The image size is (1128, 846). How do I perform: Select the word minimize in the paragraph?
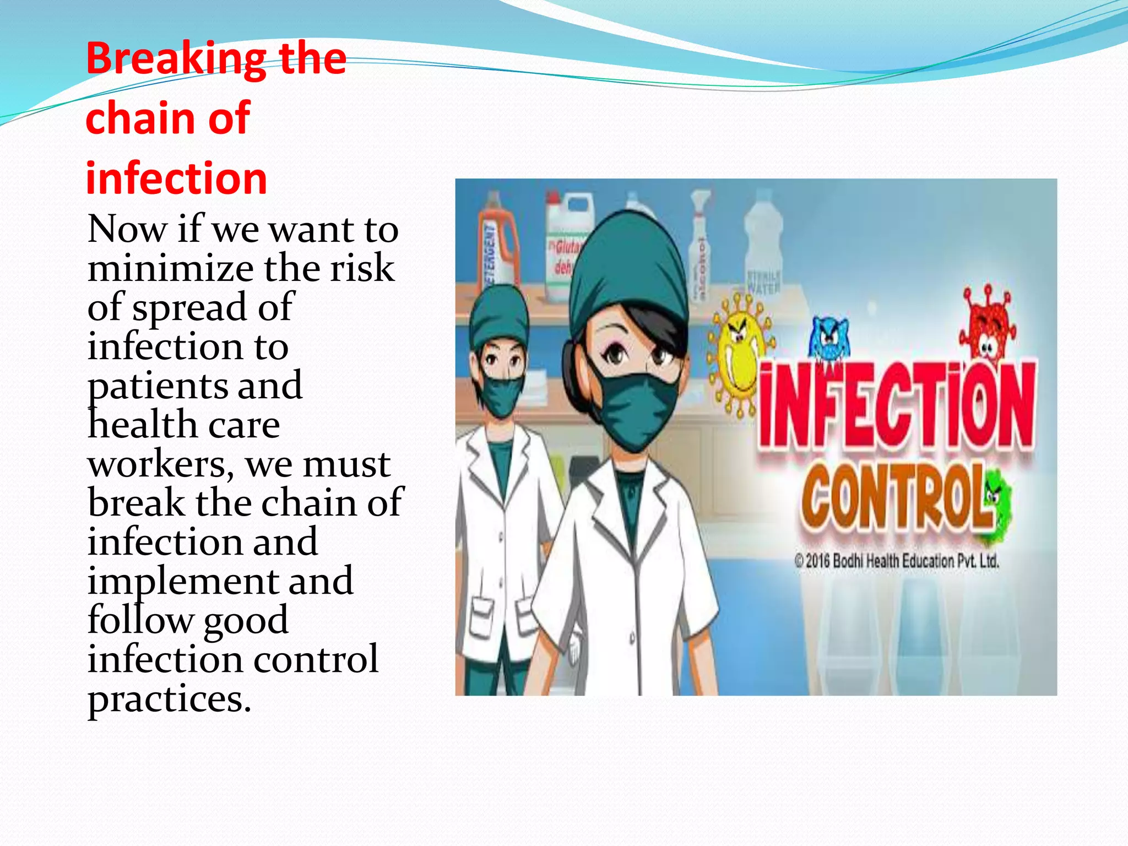(170, 269)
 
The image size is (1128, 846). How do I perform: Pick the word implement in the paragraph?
(182, 582)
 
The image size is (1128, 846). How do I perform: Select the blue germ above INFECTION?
(829, 339)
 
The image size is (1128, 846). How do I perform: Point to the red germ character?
(989, 325)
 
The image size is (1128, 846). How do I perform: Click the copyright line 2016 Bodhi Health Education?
(896, 561)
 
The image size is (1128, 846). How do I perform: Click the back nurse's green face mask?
(501, 394)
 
